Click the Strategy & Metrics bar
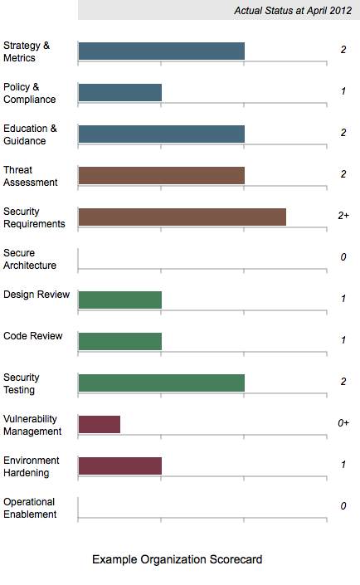pos(161,51)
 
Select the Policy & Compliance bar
pos(119,93)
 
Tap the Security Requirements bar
pos(182,217)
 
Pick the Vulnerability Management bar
pos(100,425)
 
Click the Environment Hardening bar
pos(119,466)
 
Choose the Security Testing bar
pos(161,383)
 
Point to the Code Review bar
pos(119,341)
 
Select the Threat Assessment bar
pos(161,176)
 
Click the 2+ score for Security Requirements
pos(343,216)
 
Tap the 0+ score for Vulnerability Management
pos(343,423)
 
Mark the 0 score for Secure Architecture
pos(343,257)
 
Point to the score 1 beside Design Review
pos(343,299)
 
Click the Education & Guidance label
pos(30,134)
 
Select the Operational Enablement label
pos(30,508)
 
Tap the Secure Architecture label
pos(30,259)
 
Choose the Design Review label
pos(36,295)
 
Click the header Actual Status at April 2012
pos(293,11)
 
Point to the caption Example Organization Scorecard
pos(178,559)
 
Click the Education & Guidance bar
pos(161,134)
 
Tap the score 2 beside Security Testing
pos(343,382)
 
